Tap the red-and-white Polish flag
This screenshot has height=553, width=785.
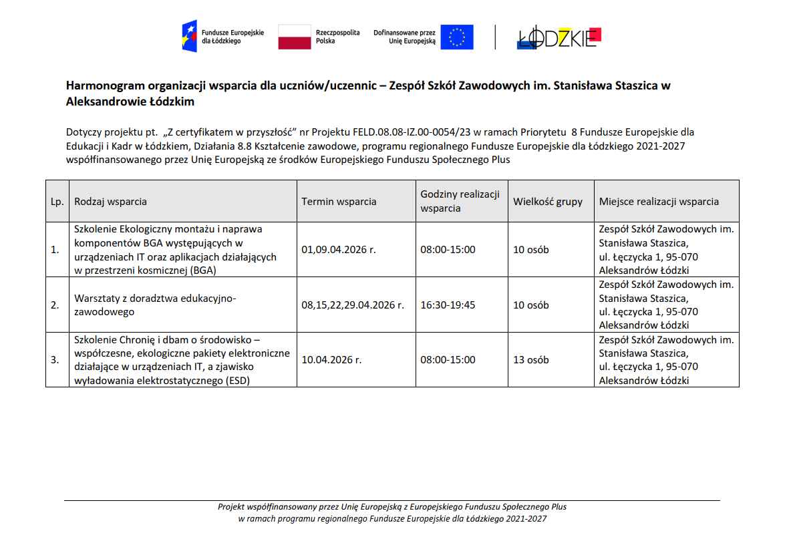295,37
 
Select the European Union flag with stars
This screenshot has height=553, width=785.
458,37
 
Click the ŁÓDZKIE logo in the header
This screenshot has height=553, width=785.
559,37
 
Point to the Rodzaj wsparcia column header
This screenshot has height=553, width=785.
111,201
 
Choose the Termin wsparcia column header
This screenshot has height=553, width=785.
339,201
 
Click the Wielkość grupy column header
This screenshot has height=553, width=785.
547,201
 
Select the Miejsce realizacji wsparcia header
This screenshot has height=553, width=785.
659,201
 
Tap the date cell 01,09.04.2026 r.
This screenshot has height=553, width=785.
339,250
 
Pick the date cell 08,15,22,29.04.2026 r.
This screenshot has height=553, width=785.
353,305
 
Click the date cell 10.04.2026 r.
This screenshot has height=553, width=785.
331,359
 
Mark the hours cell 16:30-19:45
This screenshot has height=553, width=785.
448,305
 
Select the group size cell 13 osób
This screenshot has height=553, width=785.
530,359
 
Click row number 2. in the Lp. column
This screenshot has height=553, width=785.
55,305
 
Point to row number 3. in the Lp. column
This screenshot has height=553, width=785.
55,359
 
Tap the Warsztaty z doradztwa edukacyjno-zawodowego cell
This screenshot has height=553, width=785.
155,305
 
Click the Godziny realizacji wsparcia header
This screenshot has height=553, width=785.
460,201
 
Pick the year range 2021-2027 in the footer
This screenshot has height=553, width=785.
527,518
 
